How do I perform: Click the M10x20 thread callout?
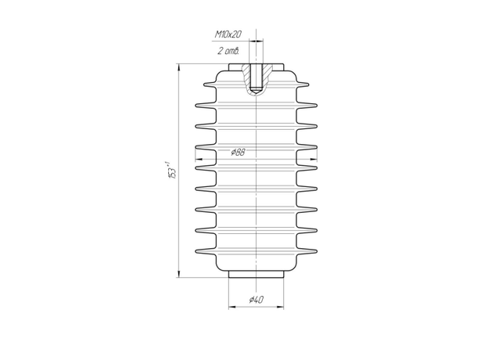(228, 34)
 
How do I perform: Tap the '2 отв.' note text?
(228, 50)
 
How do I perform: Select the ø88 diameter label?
(239, 152)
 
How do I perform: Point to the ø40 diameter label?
(257, 300)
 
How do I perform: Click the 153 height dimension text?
(172, 170)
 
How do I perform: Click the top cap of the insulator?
(257, 67)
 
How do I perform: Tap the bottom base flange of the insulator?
(257, 274)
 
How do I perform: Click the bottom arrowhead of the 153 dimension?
(178, 274)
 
